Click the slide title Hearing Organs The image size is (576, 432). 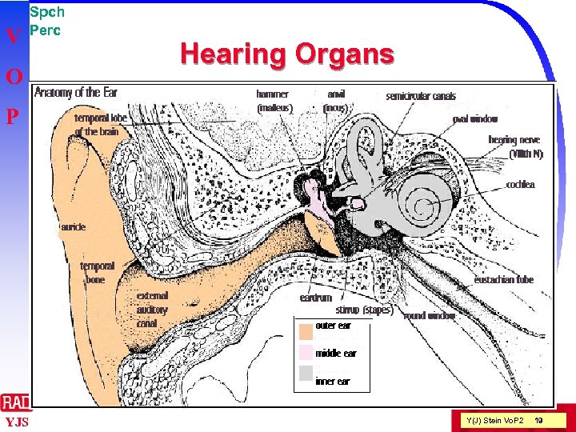(287, 54)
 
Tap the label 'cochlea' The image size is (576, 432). (520, 185)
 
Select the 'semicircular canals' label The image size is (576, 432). (421, 96)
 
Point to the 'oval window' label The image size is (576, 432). (475, 119)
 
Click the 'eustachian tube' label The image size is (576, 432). (503, 280)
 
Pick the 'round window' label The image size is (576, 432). (430, 316)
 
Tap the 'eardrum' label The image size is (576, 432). (316, 298)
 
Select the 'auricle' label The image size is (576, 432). (72, 227)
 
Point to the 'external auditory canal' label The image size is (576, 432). (152, 310)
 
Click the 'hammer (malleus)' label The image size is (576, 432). (274, 100)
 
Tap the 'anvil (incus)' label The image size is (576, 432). (335, 100)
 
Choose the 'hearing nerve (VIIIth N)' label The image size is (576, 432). (515, 147)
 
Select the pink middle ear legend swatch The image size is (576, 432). (305, 352)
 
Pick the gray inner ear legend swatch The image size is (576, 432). (305, 373)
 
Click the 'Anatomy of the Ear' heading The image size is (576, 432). (78, 92)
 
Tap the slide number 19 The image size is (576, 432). (539, 420)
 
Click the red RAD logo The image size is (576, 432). (16, 402)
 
